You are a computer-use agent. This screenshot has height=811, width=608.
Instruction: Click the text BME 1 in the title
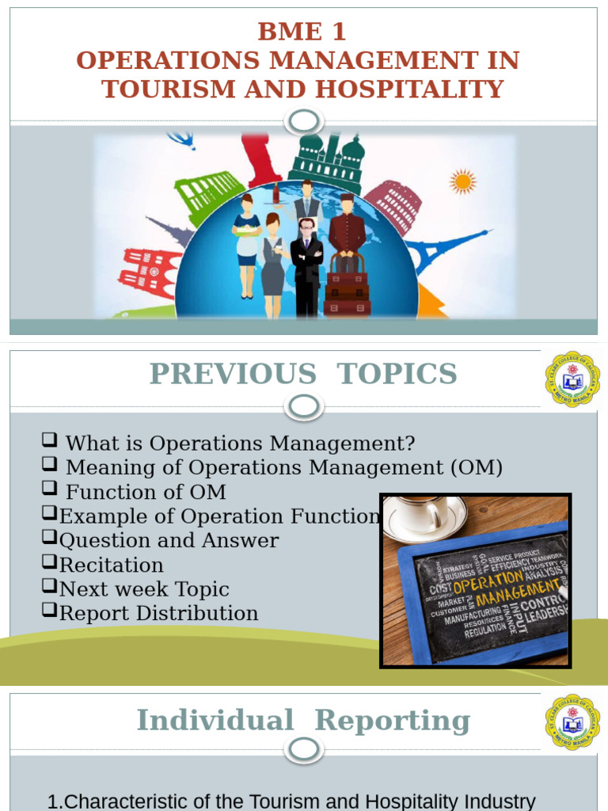(302, 32)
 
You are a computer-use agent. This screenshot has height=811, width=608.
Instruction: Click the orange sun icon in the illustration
(462, 181)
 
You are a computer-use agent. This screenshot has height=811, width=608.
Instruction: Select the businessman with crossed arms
(306, 265)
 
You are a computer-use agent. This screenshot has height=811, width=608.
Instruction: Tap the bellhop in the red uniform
(347, 230)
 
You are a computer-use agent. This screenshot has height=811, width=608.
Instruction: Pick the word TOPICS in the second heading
(397, 374)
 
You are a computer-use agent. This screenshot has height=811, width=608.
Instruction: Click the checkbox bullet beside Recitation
(50, 563)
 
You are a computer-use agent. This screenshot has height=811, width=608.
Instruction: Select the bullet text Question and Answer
(169, 541)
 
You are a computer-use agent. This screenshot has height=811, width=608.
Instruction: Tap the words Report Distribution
(158, 614)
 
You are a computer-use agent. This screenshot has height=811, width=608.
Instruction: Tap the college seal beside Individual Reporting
(572, 721)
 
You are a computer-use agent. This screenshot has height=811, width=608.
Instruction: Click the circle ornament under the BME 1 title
(304, 121)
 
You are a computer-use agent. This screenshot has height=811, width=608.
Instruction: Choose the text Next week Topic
(144, 589)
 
